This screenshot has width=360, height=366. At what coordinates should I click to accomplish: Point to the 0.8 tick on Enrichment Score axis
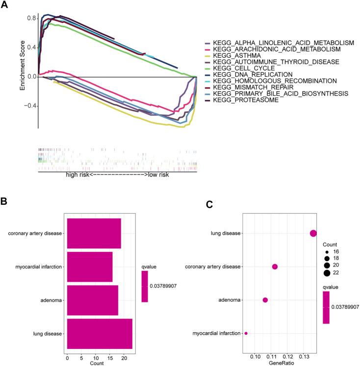[x=31, y=18]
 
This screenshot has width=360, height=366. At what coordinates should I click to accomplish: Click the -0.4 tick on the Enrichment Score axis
[x=30, y=106]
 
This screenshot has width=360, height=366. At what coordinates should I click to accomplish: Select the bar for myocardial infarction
[x=90, y=267]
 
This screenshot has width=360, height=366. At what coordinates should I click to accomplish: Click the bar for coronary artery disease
[x=94, y=233]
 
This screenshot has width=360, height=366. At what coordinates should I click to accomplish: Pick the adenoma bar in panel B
[x=92, y=300]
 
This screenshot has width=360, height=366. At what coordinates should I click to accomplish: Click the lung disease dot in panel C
[x=313, y=233]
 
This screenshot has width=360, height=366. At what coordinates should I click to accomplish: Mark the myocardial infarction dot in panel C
[x=246, y=333]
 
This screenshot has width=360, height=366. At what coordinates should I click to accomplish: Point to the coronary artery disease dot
[x=275, y=267]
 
